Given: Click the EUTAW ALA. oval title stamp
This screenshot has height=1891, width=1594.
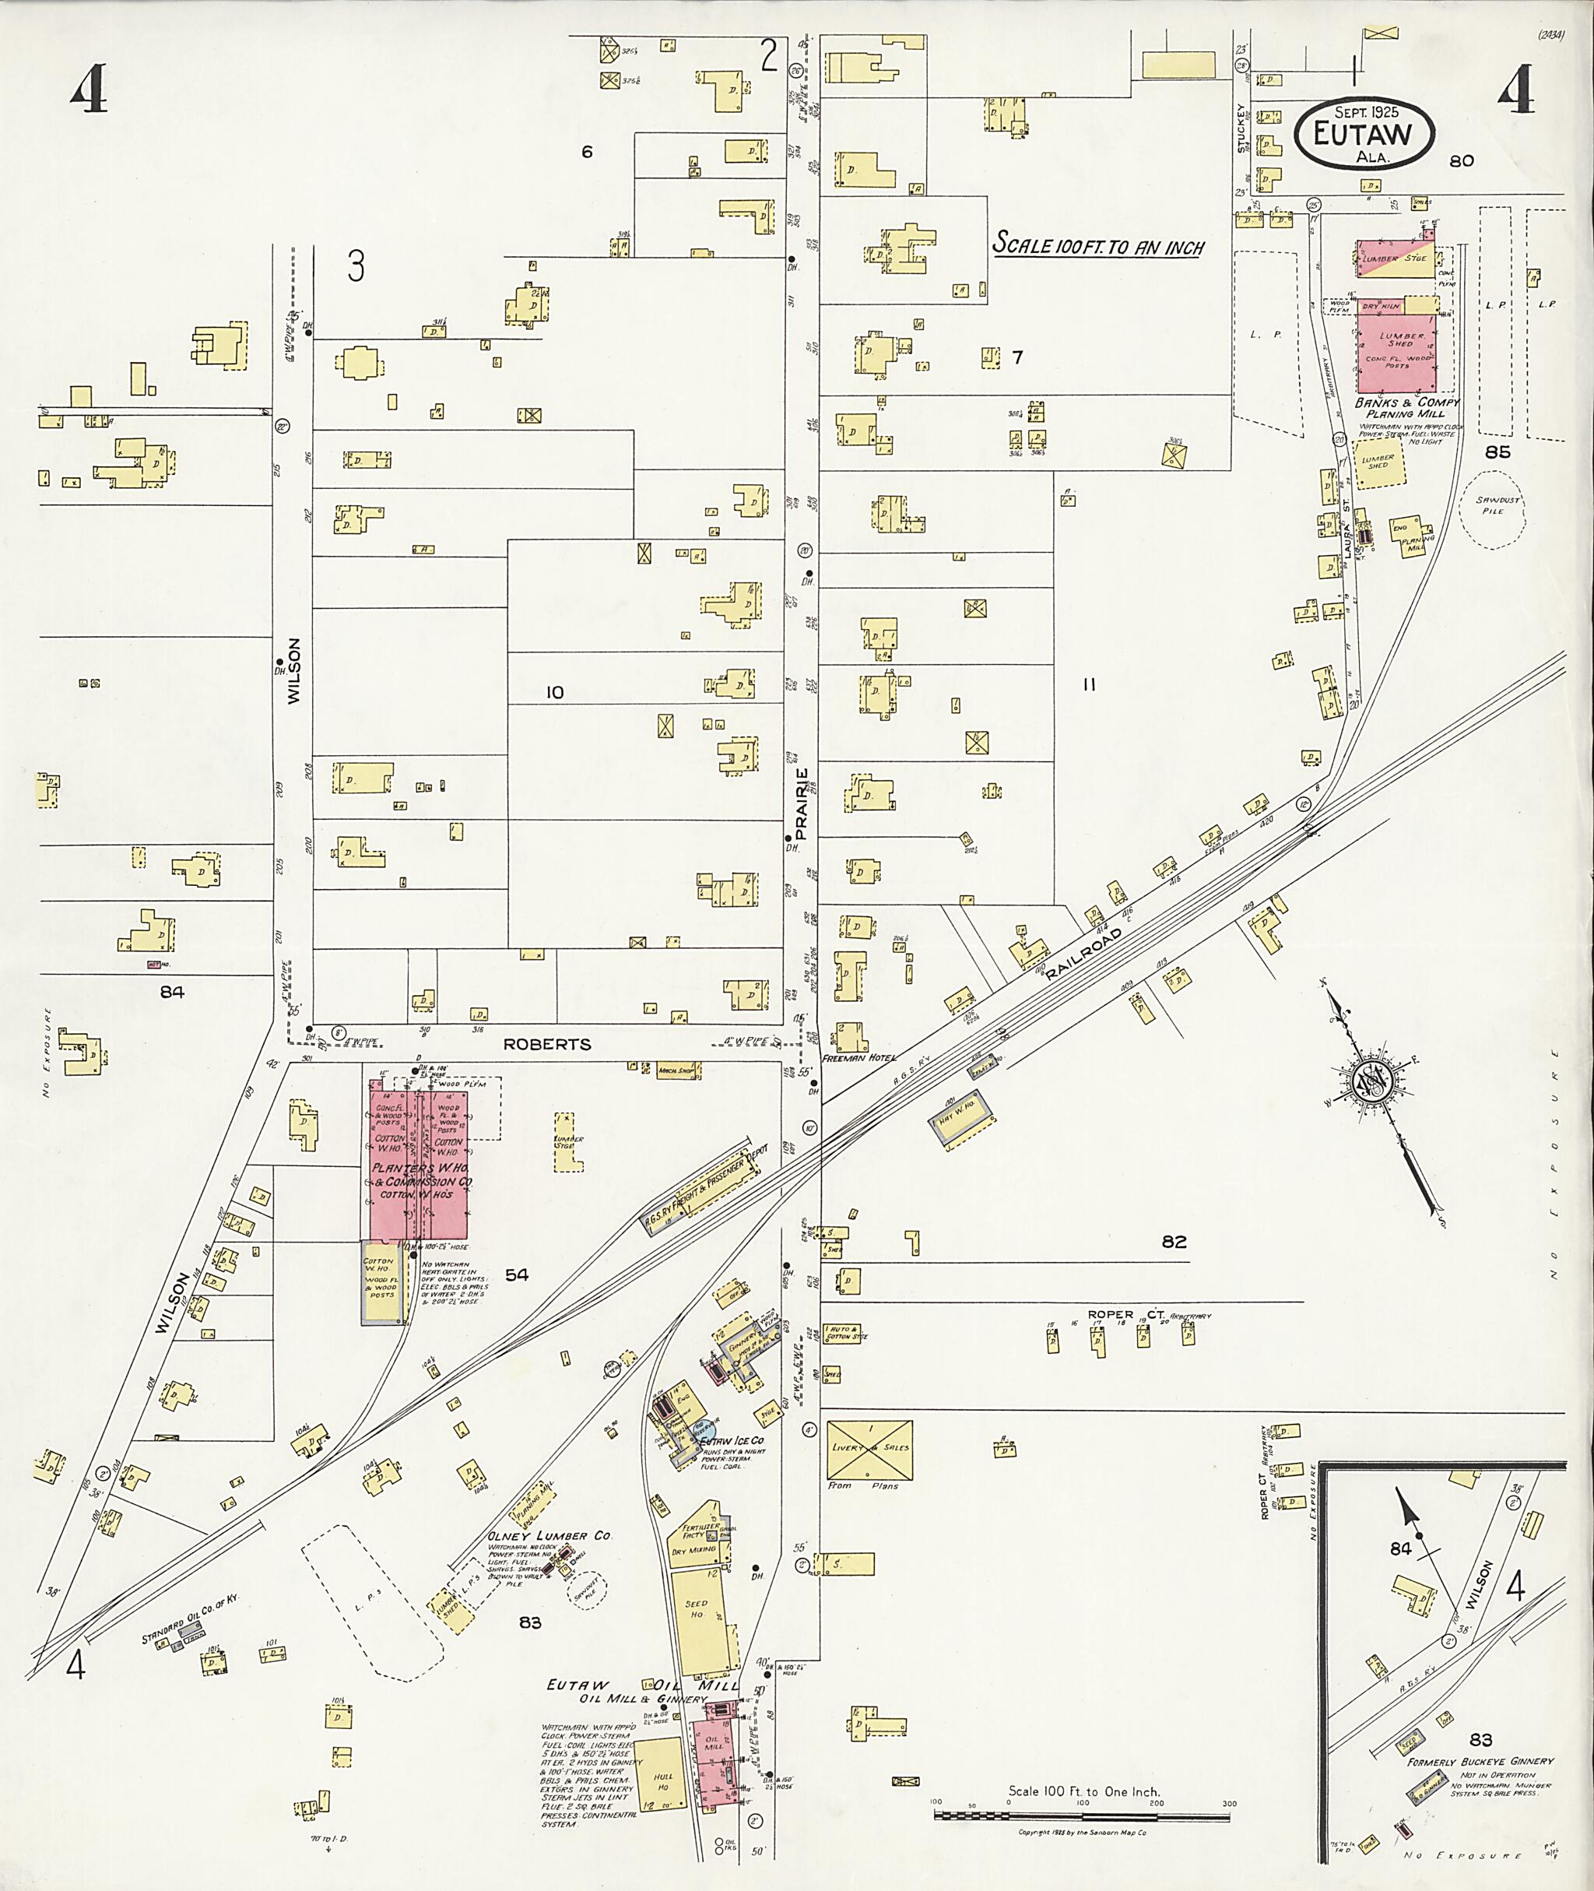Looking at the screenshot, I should (x=1364, y=134).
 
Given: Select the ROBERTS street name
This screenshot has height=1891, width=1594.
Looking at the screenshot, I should (x=548, y=1043).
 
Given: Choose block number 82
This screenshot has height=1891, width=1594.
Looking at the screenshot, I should (x=1174, y=1242).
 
